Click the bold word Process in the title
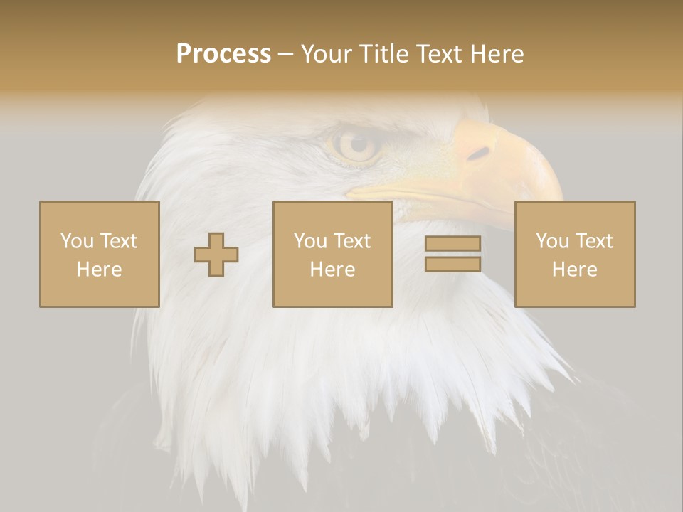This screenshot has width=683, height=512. tap(223, 54)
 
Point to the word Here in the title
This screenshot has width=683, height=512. tap(498, 54)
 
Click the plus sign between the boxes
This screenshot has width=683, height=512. tap(216, 255)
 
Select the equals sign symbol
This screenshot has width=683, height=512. tap(452, 254)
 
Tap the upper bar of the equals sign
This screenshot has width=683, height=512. tap(452, 244)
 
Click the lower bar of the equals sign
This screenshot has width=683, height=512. tap(452, 264)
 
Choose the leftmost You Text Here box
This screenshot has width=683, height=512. tap(99, 254)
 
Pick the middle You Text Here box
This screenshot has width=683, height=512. tap(332, 254)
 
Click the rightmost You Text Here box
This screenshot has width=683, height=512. tap(574, 254)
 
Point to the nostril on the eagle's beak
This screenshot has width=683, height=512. tap(480, 152)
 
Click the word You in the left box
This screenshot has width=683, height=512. tap(77, 241)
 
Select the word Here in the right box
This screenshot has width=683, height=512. tap(574, 270)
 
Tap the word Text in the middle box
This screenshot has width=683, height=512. tap(351, 241)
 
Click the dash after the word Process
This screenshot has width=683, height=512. tap(286, 54)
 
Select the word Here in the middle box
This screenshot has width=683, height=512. tap(332, 270)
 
